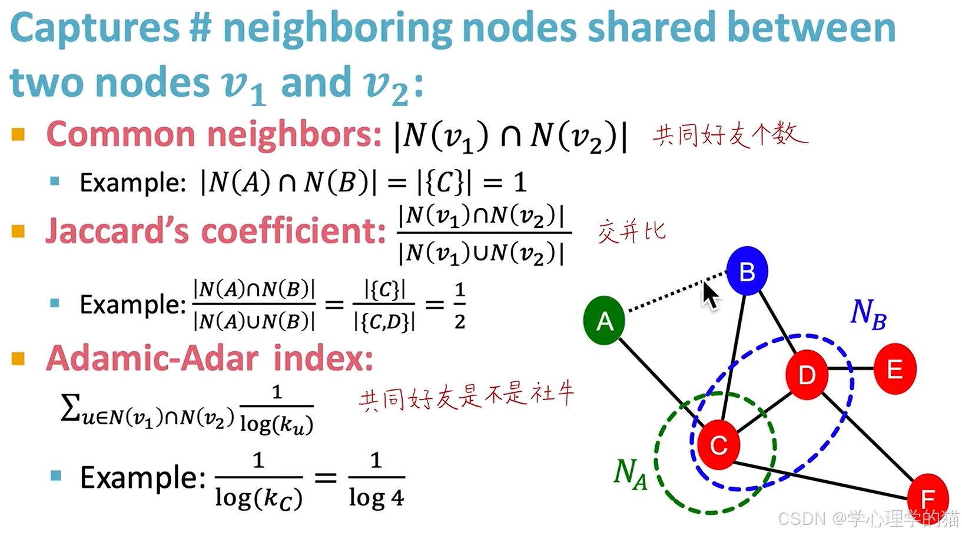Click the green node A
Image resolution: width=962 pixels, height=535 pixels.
604,321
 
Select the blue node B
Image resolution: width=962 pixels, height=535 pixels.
747,271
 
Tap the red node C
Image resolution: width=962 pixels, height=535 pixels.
718,445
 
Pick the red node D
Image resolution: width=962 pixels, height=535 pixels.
807,374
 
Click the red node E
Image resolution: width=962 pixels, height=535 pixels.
895,369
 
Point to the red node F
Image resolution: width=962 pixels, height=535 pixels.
927,498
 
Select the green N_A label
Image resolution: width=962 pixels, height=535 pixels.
630,474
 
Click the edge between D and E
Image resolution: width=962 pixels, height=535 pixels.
851,369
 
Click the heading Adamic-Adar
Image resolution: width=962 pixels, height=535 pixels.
152,358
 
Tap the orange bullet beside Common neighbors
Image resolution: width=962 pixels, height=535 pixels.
18,134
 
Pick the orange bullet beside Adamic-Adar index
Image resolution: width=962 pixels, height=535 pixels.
18,358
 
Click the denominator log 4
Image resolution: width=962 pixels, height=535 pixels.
376,498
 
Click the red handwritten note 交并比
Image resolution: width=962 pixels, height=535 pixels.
631,231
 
